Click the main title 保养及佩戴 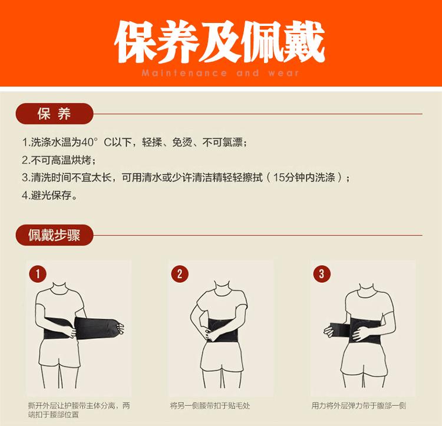pos(220,41)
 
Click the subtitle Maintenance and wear pos(220,73)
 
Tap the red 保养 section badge pos(54,114)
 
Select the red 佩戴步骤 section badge pos(54,235)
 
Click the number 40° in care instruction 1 pos(90,142)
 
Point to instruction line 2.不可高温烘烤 pos(59,160)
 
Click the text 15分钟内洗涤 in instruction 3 pos(304,177)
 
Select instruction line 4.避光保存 pos(50,195)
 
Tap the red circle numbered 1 pos(38,273)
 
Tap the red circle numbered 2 pos(180,273)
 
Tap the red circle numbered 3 pos(322,273)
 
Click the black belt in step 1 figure pos(81,328)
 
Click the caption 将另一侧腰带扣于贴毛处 pos(210,406)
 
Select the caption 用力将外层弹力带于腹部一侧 pos(358,406)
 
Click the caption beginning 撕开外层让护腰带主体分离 pos(79,410)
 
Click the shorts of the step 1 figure pos(60,352)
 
